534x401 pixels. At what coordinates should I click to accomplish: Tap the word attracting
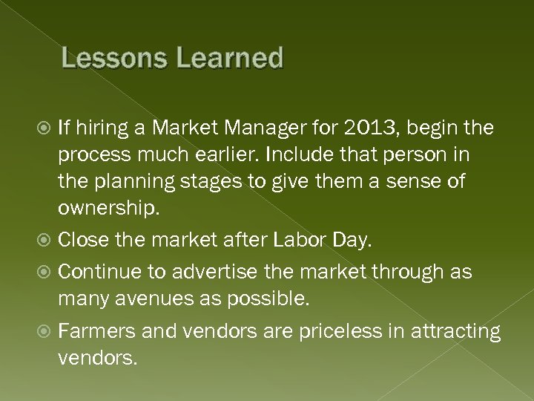[455, 331]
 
